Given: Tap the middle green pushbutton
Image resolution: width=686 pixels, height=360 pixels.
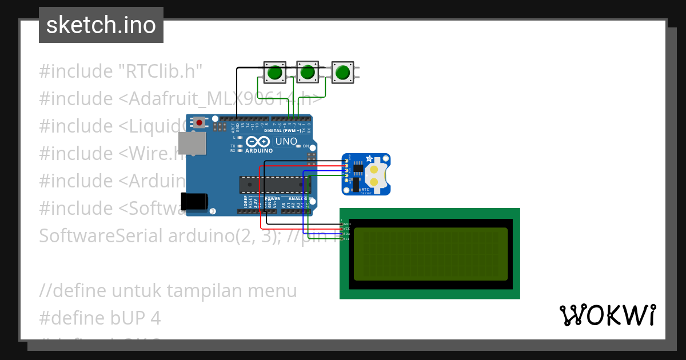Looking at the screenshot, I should (x=308, y=73).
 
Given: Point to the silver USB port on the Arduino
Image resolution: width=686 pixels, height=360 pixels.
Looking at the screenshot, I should (x=191, y=143).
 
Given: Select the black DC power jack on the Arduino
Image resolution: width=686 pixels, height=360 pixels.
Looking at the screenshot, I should (x=193, y=202).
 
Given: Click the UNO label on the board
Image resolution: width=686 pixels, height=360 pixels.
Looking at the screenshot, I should (x=286, y=141).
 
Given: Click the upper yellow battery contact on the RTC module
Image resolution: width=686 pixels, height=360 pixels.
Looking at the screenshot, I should (x=374, y=169).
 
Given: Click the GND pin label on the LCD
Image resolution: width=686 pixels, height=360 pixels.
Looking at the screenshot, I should (x=347, y=223).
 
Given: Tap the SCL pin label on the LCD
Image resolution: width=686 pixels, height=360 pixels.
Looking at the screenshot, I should (x=346, y=239).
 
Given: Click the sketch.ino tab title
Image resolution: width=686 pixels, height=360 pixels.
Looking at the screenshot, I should (x=101, y=25).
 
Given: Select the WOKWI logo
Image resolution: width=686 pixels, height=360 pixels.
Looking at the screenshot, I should (x=608, y=315).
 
